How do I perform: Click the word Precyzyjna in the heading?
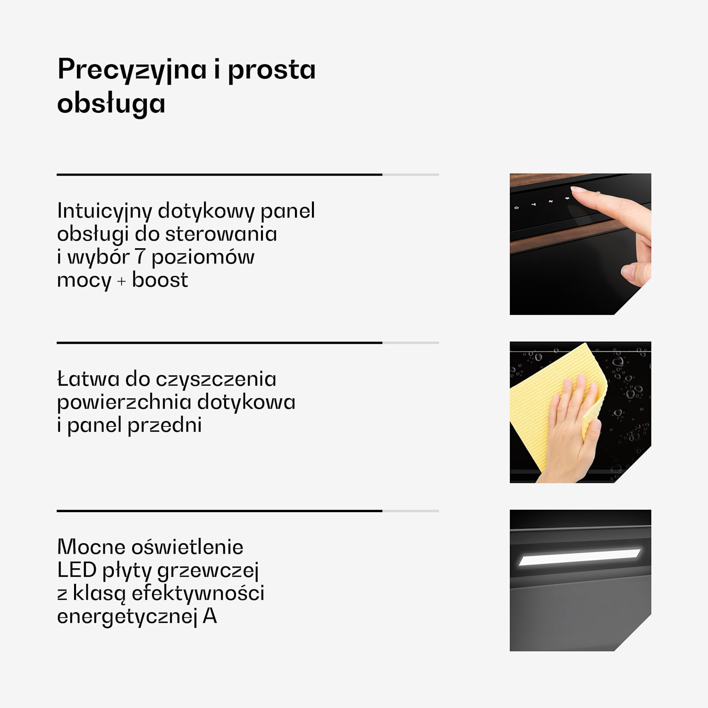coord(132,70)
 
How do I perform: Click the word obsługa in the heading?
coord(111,103)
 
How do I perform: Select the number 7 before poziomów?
coord(140,257)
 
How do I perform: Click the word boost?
coord(160,280)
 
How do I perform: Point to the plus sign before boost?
coord(121,281)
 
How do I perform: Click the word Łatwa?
coord(88,379)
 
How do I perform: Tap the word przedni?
coord(165,425)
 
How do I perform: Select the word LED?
coord(77,570)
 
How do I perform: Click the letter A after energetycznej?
coord(210,616)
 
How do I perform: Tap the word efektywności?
coord(198,593)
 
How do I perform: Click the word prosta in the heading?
coord(271,70)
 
